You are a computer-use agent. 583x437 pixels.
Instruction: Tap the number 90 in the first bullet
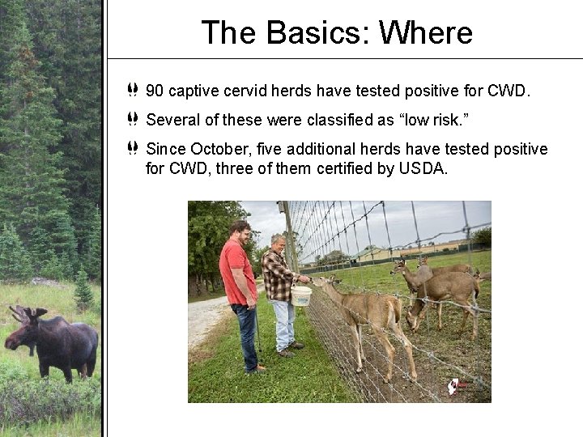[x=155, y=91]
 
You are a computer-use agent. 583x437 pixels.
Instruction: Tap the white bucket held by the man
[x=301, y=295]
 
